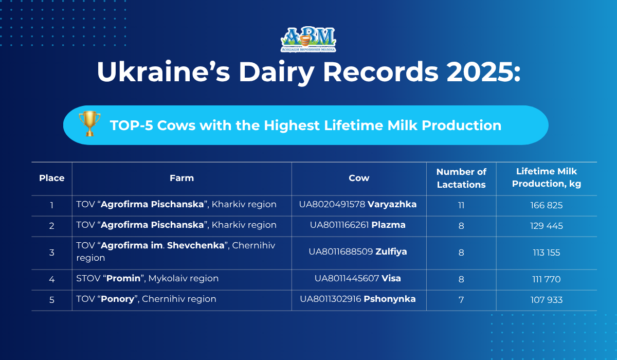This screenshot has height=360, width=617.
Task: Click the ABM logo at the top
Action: tap(308, 40)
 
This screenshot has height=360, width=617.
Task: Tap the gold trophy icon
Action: tap(89, 123)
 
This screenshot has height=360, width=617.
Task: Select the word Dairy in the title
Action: tap(276, 73)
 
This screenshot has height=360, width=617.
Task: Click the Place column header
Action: tap(52, 178)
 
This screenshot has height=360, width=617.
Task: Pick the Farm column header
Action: tap(182, 178)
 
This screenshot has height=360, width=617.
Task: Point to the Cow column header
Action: tap(359, 178)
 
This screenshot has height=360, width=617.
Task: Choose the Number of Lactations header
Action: tap(461, 178)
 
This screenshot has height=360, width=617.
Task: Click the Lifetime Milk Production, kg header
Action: tap(547, 177)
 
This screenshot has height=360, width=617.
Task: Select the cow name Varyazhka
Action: tap(392, 204)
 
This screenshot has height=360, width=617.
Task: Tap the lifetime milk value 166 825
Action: tap(547, 205)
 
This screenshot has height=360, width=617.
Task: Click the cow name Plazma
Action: tap(388, 225)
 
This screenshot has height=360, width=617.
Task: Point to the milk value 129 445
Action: tap(547, 226)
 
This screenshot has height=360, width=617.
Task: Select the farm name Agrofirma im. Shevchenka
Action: tap(162, 245)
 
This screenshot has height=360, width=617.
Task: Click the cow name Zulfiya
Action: tap(391, 252)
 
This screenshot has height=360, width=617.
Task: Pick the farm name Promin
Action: tap(123, 278)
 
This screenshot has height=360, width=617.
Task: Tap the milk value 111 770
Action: tap(547, 279)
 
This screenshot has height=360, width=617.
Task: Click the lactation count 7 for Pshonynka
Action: tap(461, 300)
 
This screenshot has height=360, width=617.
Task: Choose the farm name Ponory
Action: tap(117, 299)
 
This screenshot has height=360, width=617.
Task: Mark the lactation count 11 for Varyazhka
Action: tap(461, 206)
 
